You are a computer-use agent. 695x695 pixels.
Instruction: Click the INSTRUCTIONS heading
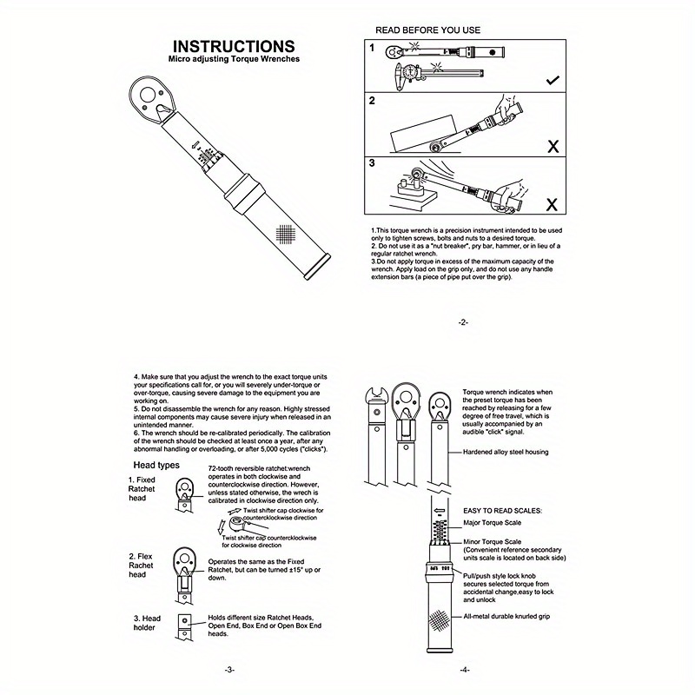click(233, 46)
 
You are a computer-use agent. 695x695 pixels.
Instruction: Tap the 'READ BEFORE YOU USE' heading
click(427, 30)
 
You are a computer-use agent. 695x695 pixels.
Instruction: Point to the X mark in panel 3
click(553, 205)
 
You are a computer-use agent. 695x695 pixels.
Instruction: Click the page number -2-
click(462, 321)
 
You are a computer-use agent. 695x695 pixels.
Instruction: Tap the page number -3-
click(228, 669)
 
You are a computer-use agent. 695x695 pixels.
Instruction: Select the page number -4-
click(464, 669)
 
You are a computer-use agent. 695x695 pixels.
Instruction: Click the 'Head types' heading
click(156, 465)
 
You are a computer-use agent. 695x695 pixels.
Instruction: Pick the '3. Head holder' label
click(147, 624)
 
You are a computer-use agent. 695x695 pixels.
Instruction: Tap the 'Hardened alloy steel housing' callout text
click(506, 452)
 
